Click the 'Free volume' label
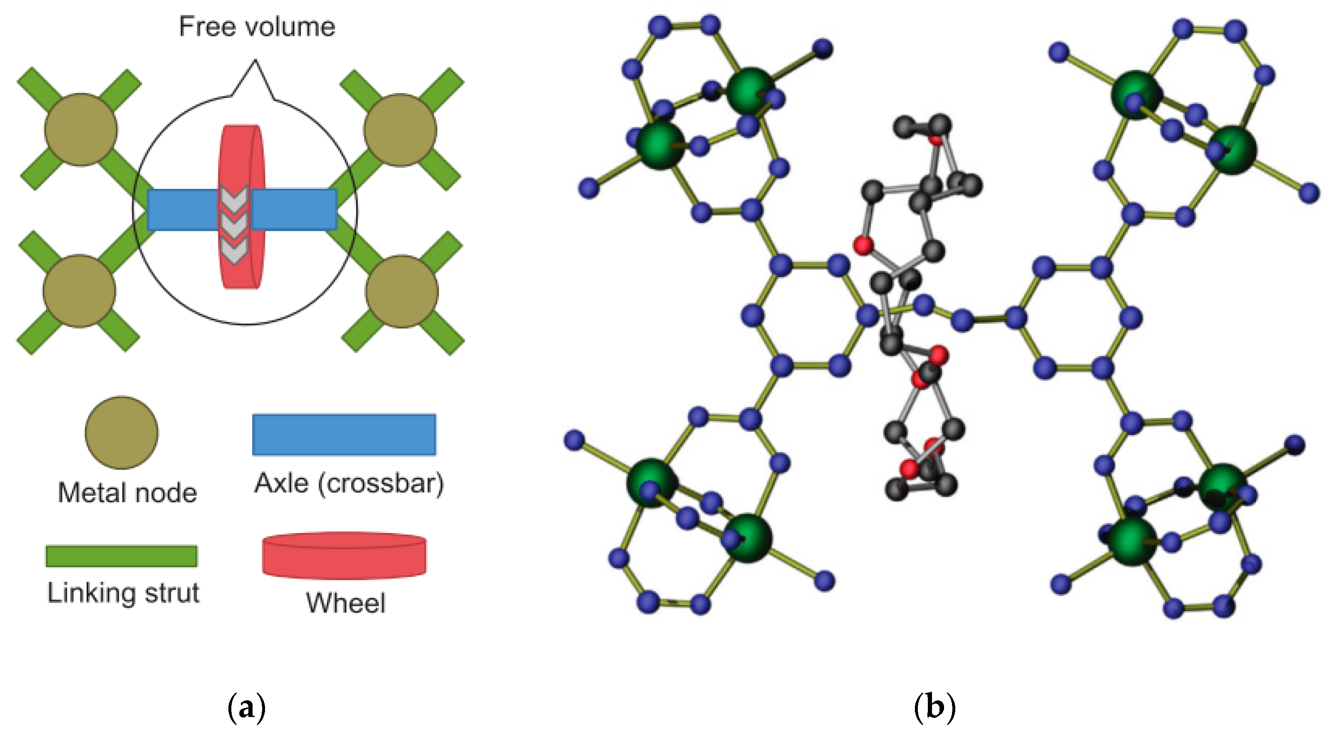(257, 27)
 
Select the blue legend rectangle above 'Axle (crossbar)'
(344, 434)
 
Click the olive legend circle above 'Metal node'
(121, 432)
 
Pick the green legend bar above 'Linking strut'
(121, 556)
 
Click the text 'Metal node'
(127, 493)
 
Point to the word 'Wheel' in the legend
(345, 603)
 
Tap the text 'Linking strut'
(123, 593)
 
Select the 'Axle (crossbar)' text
(349, 484)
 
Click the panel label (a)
(247, 707)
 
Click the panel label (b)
(934, 707)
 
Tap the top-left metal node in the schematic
(81, 130)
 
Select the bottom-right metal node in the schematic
(402, 291)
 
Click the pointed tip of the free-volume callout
(255, 61)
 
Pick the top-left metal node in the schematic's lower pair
(79, 291)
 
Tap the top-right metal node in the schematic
(400, 130)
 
